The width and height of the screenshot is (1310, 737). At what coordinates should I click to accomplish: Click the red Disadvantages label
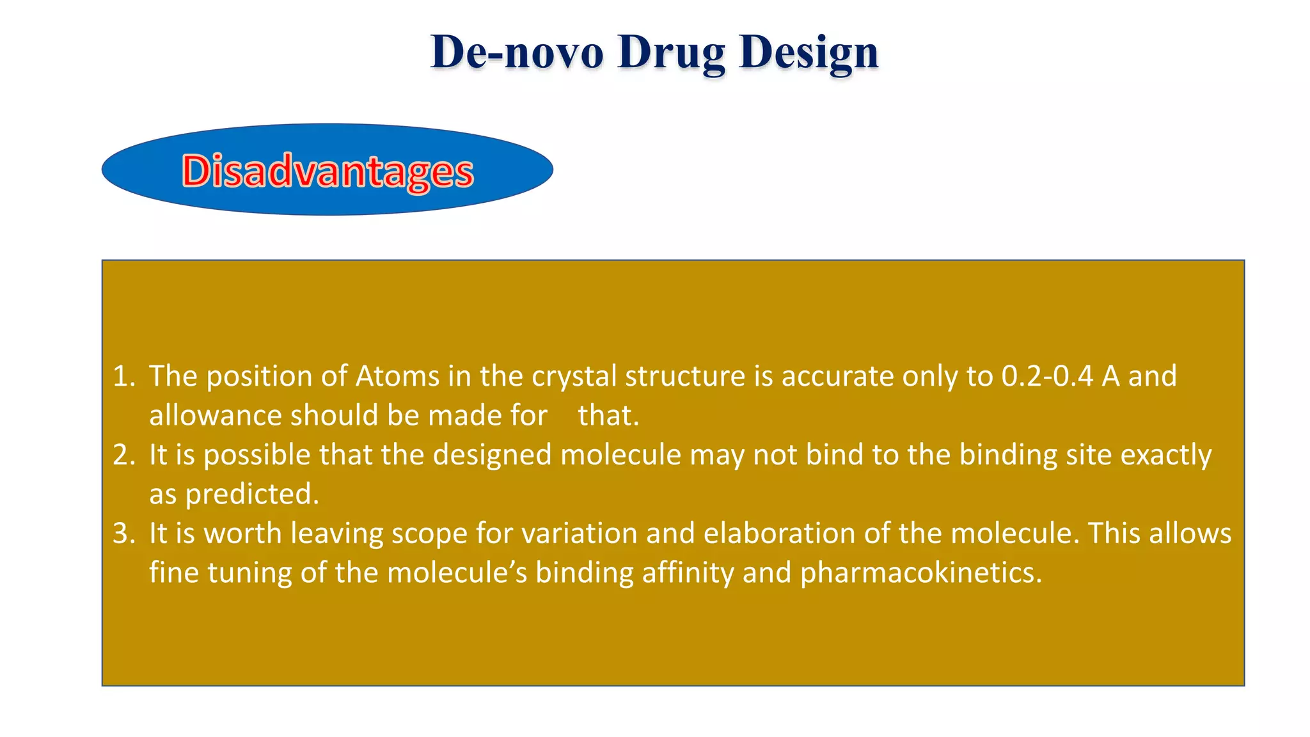coord(327,171)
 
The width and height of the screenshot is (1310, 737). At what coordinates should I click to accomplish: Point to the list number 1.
coord(123,376)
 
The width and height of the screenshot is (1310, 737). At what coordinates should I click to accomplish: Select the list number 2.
coord(123,455)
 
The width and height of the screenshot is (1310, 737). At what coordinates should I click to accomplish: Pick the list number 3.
coord(123,534)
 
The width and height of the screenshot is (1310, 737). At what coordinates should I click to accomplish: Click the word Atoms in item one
coord(397,376)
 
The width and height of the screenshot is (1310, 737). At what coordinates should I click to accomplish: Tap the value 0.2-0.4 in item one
coord(1047,376)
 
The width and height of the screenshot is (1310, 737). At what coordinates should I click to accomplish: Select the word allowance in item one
coord(216,416)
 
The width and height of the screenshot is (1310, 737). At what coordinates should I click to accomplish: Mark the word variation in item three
coord(580,534)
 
